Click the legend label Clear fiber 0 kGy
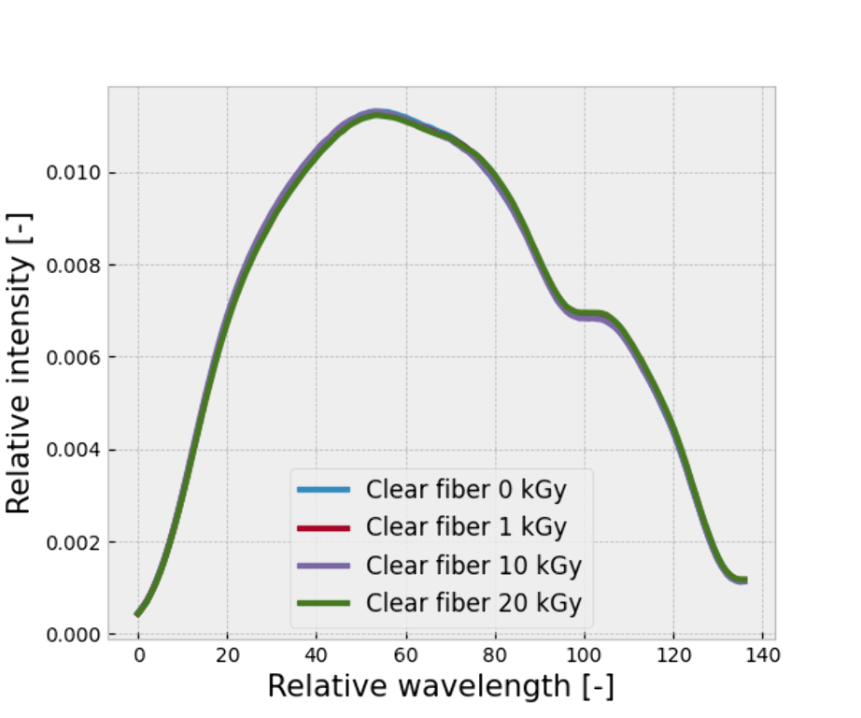[466, 490]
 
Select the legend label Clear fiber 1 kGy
[466, 527]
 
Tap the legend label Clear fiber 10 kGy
[473, 566]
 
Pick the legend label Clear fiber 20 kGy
[473, 603]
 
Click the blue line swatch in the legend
[323, 490]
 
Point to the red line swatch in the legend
[323, 528]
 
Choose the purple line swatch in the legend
[323, 566]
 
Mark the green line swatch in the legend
[323, 603]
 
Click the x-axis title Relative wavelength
[441, 687]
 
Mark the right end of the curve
[744, 581]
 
